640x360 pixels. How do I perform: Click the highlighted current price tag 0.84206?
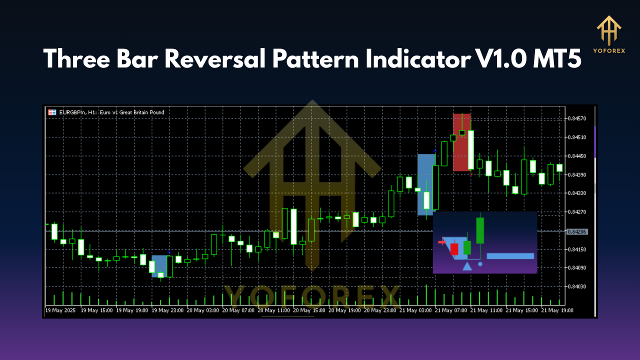[x=577, y=231]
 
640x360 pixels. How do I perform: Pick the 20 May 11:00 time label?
[x=273, y=310]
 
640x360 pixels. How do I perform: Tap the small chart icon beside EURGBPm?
[x=51, y=112]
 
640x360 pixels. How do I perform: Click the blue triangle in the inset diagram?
[x=467, y=266]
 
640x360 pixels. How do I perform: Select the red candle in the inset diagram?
[x=454, y=248]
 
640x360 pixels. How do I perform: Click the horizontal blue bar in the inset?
[x=510, y=256]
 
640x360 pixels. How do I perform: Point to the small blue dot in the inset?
[x=480, y=264]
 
